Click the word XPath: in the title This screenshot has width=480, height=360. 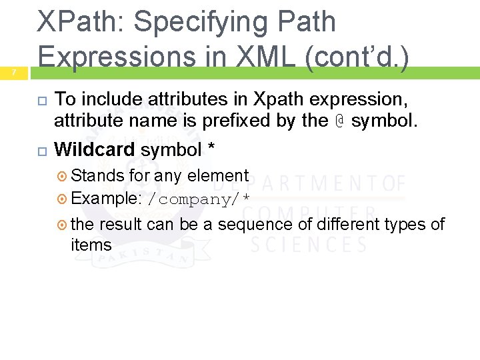click(x=79, y=22)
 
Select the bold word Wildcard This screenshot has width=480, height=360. click(x=94, y=150)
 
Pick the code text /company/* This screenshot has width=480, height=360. click(x=198, y=200)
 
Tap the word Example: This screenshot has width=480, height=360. click(x=107, y=199)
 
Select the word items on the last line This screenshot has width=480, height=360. click(x=91, y=245)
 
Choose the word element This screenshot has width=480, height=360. click(x=218, y=176)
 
